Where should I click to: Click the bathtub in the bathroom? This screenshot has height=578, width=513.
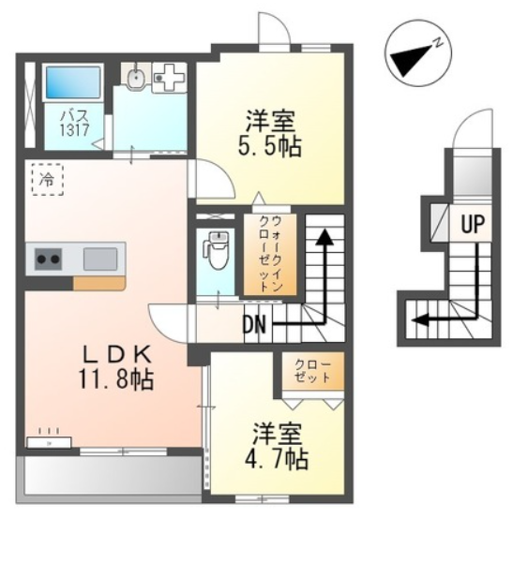click(73, 82)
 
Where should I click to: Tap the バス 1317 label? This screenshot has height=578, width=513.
click(74, 124)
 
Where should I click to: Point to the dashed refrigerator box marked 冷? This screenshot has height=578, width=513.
click(47, 180)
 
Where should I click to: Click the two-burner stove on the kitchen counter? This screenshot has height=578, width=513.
click(49, 259)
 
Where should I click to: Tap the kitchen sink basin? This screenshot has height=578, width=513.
click(100, 259)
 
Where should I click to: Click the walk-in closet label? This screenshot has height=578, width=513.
click(271, 255)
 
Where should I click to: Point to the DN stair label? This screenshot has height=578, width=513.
click(254, 324)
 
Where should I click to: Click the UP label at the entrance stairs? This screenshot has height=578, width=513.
click(473, 223)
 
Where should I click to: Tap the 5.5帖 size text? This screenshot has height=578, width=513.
click(269, 147)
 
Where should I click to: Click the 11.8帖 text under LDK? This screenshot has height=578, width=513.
click(116, 379)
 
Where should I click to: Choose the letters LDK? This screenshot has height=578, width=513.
click(117, 355)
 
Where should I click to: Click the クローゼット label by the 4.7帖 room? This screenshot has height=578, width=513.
click(312, 371)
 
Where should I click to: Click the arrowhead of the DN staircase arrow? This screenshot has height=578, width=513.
click(324, 237)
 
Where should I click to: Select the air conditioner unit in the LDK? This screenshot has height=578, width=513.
click(49, 441)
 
